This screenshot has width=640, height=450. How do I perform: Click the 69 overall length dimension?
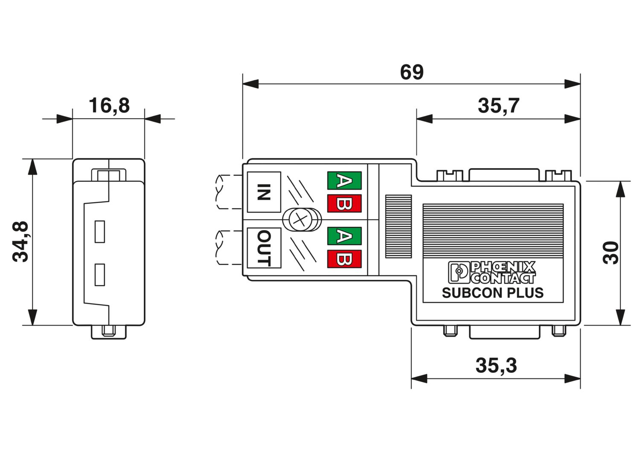coord(411,72)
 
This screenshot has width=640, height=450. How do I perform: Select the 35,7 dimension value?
coord(498,106)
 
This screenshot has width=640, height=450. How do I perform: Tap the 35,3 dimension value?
coord(496,366)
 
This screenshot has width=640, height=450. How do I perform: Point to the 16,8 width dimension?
coord(109,105)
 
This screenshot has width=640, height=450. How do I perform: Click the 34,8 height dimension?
coord(20,241)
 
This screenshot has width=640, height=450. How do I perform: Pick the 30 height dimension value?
coord(611,253)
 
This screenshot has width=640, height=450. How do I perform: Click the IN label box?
coord(264,192)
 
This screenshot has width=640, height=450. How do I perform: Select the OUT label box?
coord(264,248)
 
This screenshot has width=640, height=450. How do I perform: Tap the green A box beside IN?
coord(345,180)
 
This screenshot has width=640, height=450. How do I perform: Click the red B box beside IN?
coord(345,203)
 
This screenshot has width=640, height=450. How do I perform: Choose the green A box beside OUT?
coord(345,236)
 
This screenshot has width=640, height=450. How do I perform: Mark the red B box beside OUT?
coord(345,259)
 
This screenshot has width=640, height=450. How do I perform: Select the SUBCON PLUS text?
coord(493,293)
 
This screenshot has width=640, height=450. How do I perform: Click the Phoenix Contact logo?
coord(492,272)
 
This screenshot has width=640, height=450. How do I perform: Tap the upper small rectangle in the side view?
coord(100,232)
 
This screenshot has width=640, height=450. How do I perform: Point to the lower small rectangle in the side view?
coord(100,275)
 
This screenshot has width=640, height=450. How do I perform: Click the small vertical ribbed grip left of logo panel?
coord(398,226)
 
